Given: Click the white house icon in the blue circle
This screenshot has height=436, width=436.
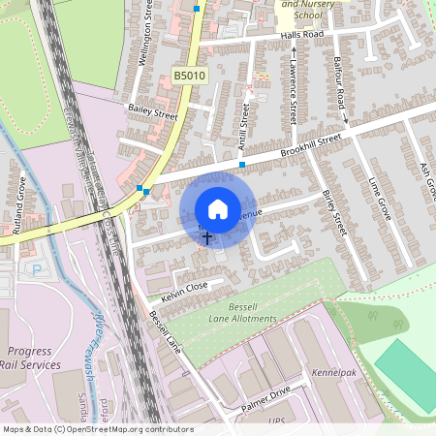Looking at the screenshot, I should [x=218, y=208].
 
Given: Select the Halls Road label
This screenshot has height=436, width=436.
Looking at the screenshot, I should [x=302, y=35].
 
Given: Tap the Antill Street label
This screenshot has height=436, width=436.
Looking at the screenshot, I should [x=246, y=125].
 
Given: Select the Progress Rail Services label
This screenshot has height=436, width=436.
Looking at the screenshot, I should [x=33, y=358].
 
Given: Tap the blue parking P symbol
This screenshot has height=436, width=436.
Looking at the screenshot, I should [x=37, y=269].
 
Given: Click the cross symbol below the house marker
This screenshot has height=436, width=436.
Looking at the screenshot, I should [x=206, y=237].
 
